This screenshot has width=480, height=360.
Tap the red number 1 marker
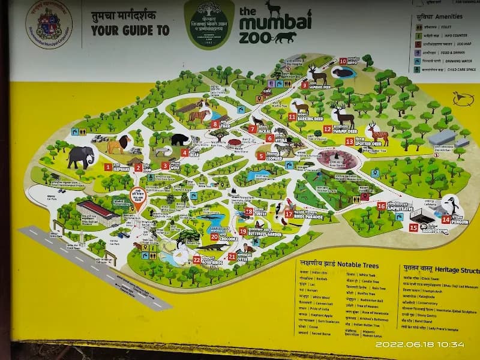point(108,167)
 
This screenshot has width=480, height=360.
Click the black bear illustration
point(179,140)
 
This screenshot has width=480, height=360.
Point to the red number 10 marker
point(343,61)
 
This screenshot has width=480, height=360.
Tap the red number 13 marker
point(349,142)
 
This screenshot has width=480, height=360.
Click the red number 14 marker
point(446,220)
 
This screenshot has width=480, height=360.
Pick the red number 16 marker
point(381,206)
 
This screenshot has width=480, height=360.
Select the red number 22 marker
point(197,260)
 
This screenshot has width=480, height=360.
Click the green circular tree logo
point(209,25)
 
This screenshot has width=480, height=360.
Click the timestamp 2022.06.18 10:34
point(419,344)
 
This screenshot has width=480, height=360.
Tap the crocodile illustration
point(211,246)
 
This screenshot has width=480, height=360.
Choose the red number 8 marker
point(215,124)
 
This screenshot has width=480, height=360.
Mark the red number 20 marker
point(214,237)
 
